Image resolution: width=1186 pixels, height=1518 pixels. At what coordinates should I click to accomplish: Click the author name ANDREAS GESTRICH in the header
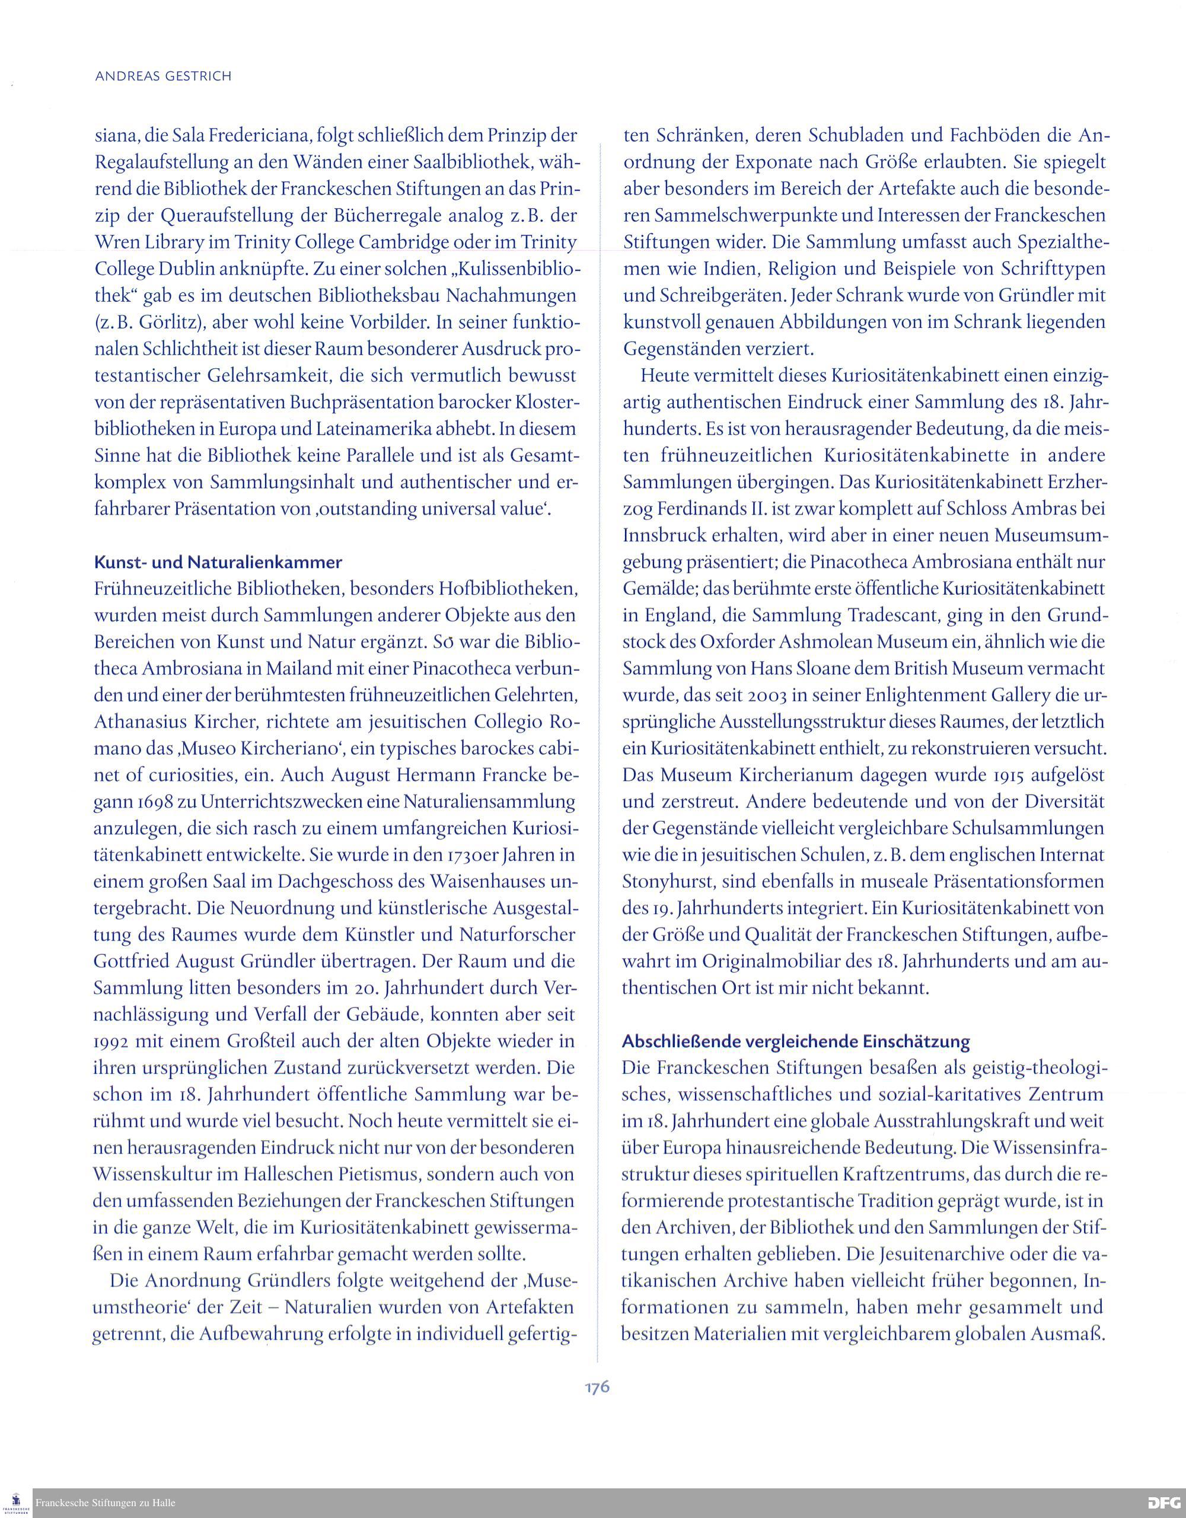[x=162, y=76]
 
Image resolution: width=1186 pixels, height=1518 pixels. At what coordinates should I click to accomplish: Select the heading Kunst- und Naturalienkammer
[x=218, y=562]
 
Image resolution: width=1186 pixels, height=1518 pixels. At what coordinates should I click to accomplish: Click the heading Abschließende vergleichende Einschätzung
[x=796, y=1041]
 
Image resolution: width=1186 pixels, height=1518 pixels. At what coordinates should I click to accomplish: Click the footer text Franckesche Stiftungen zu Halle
[x=106, y=1503]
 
